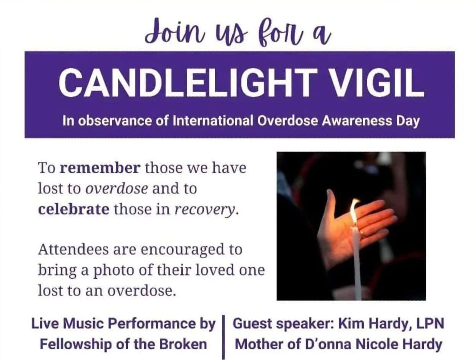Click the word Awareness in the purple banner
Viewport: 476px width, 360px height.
pyautogui.click(x=358, y=121)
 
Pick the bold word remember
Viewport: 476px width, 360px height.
pyautogui.click(x=101, y=168)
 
